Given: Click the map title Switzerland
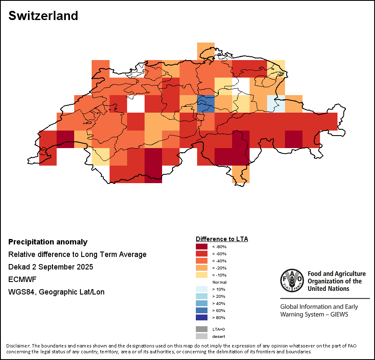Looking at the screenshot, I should coord(43,16).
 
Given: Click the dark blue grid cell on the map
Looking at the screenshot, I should coord(206,103).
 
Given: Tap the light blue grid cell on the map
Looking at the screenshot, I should coord(276,103).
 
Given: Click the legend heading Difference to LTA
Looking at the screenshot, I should coord(222,239).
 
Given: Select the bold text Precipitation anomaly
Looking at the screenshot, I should coord(48,242).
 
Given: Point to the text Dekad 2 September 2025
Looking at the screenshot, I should coord(50,267).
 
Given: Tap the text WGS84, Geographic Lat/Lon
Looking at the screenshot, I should coord(56,292).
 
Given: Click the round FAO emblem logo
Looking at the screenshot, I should coord(291,281).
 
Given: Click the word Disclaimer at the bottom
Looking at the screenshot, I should coord(18,346).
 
